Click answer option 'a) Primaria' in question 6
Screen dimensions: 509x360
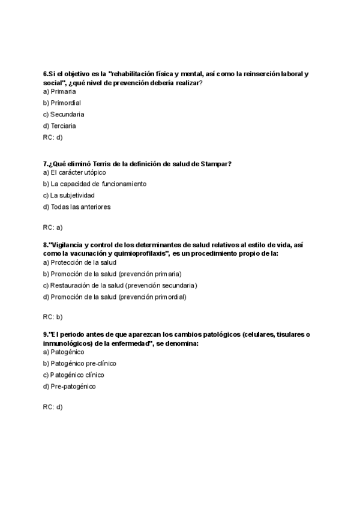tap(59, 91)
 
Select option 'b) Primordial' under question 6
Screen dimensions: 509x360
tap(62, 103)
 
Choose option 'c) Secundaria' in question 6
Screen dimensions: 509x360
tap(64, 114)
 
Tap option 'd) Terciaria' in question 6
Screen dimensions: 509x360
tap(59, 125)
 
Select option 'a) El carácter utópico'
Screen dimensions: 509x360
tap(74, 172)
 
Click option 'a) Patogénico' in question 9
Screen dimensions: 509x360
tap(64, 352)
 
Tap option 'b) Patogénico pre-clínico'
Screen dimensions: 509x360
tap(80, 363)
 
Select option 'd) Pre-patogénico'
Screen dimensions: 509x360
tap(69, 387)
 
